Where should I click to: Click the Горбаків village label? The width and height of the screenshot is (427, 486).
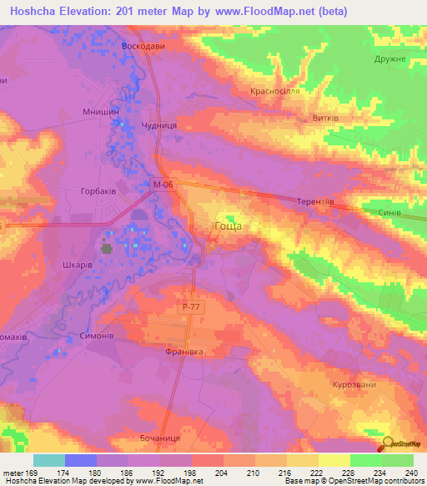pos(98,190)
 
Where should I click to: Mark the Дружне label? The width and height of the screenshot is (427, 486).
pos(389,59)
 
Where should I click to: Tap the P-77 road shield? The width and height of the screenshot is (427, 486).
pos(189,307)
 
